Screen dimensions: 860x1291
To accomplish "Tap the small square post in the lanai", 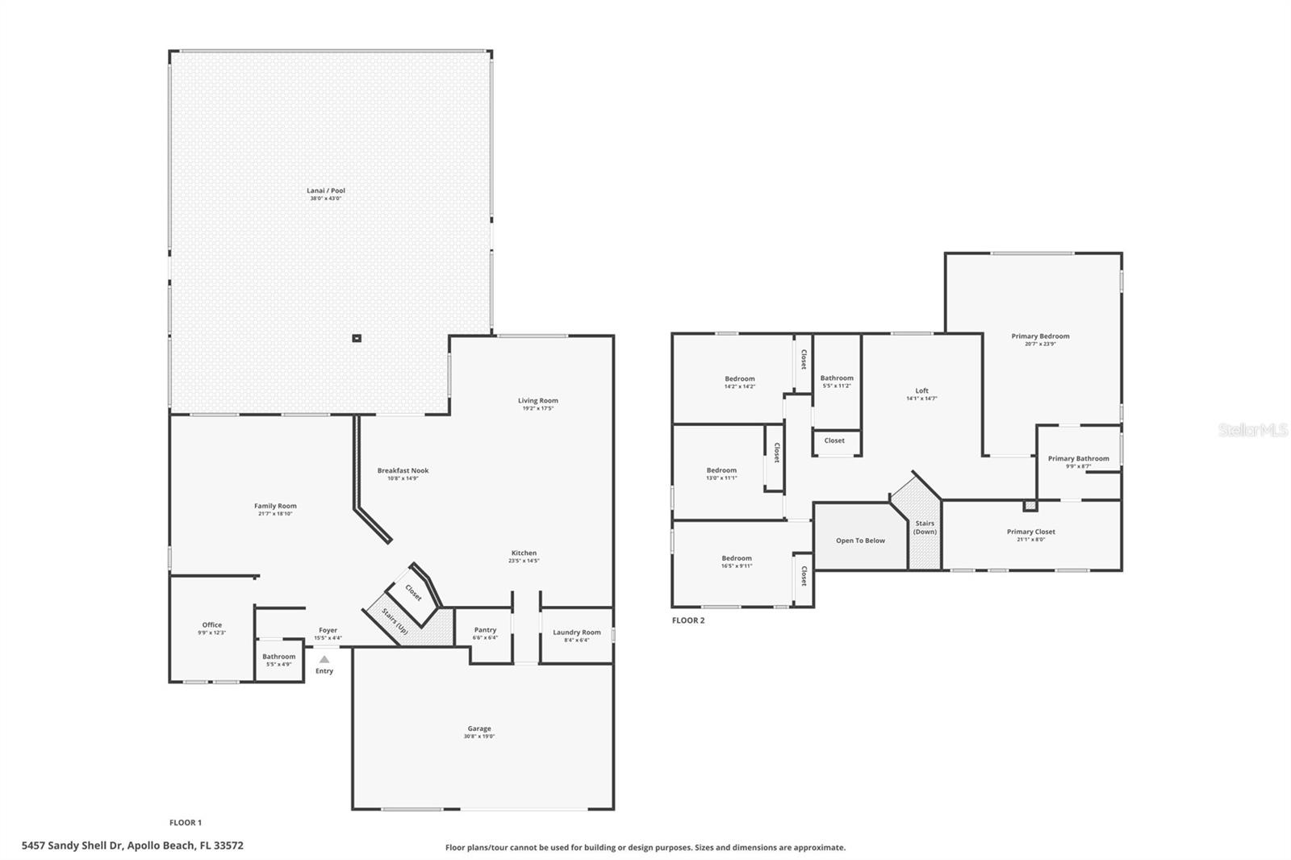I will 357,338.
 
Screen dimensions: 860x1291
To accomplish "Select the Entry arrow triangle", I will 324,659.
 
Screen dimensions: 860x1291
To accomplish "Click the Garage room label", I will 479,728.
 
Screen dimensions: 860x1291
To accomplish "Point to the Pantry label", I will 485,630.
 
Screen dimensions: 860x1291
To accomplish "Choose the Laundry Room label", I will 576,632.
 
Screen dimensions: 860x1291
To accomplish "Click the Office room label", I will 211,625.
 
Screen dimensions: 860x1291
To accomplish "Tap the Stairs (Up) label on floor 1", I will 395,621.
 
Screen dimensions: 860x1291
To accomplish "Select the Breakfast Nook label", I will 403,470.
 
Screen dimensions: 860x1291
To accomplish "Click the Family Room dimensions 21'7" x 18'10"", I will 275,514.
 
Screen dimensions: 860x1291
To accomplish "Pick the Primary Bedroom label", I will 1040,336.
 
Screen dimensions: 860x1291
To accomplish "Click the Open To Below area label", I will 860,541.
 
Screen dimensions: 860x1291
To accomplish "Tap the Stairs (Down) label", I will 925,528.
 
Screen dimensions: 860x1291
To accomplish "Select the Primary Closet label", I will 1030,532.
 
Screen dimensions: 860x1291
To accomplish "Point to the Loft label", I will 921,390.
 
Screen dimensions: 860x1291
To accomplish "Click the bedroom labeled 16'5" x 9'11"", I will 737,562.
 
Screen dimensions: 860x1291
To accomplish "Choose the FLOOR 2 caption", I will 688,620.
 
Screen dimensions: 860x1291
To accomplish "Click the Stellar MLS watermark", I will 1252,431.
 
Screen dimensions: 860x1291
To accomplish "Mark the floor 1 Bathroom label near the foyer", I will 278,657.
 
